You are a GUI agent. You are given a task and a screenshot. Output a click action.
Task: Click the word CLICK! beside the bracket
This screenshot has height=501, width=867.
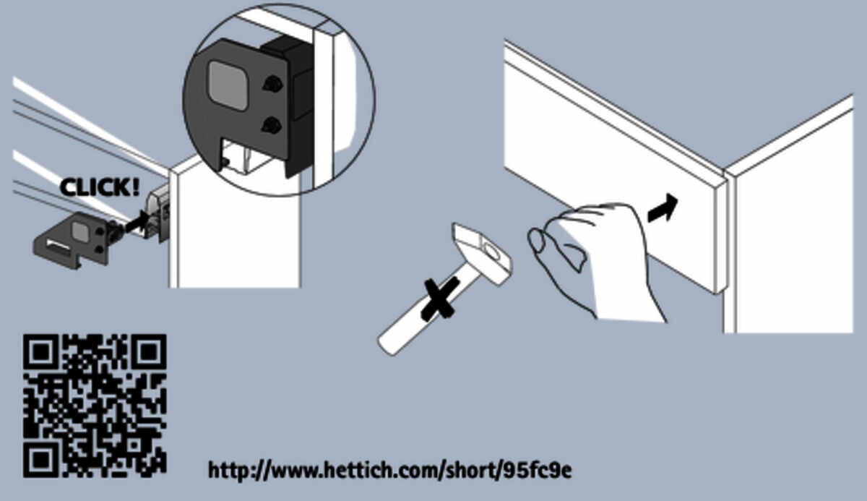click(100, 187)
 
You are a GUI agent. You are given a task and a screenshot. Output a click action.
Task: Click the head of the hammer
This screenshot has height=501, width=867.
click(482, 254)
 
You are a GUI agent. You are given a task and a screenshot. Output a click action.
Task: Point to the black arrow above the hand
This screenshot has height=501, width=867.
click(663, 208)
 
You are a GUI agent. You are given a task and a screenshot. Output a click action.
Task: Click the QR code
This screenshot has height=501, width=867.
click(95, 406)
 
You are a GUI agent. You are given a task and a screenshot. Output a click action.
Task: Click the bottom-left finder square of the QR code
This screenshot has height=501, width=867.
click(40, 461)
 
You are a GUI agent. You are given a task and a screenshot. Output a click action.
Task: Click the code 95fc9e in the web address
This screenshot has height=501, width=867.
click(538, 471)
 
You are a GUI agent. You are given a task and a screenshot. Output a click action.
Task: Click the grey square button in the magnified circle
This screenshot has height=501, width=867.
click(228, 85)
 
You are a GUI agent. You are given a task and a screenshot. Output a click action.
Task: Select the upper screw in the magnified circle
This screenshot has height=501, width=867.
click(272, 84)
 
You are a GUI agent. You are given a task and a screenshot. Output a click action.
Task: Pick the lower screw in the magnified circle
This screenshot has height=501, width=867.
click(272, 125)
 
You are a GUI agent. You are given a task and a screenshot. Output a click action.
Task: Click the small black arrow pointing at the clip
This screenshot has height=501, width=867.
click(137, 222)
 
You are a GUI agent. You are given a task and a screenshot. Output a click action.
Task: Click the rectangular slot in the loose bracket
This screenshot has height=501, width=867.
click(58, 244)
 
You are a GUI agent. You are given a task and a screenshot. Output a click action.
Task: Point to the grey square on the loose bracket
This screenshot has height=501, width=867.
click(80, 232)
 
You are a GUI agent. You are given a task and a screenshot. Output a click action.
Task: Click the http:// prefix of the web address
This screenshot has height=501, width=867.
click(238, 471)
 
